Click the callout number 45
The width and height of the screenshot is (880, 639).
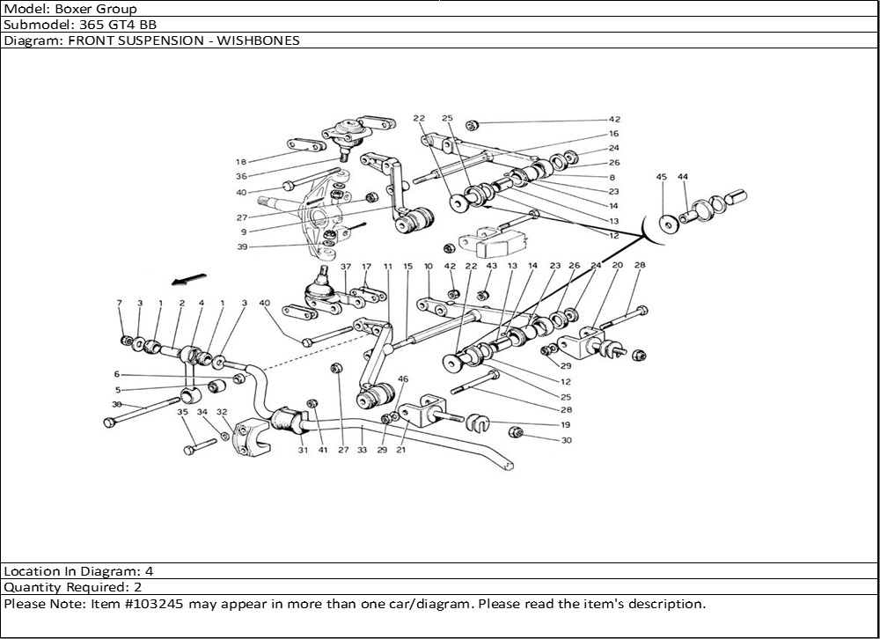point(662,177)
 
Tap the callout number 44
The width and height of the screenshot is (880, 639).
point(684,177)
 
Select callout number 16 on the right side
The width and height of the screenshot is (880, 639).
point(613,134)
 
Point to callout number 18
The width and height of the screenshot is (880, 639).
point(240,162)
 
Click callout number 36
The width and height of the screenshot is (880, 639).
point(240,177)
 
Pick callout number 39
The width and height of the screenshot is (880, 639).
point(241,247)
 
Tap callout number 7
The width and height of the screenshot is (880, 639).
point(120,303)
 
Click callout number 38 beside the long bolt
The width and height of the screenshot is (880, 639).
point(116,404)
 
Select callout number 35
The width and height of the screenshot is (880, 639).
point(182,411)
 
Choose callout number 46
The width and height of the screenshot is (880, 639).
point(403,379)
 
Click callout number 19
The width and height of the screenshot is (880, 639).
point(565,424)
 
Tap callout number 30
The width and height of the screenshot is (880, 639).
point(566,440)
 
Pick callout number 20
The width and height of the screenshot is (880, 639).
point(617,265)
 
